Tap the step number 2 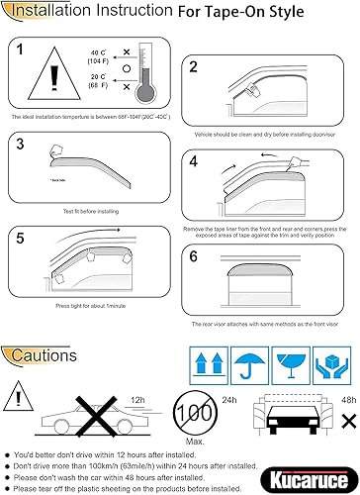point(194,67)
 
